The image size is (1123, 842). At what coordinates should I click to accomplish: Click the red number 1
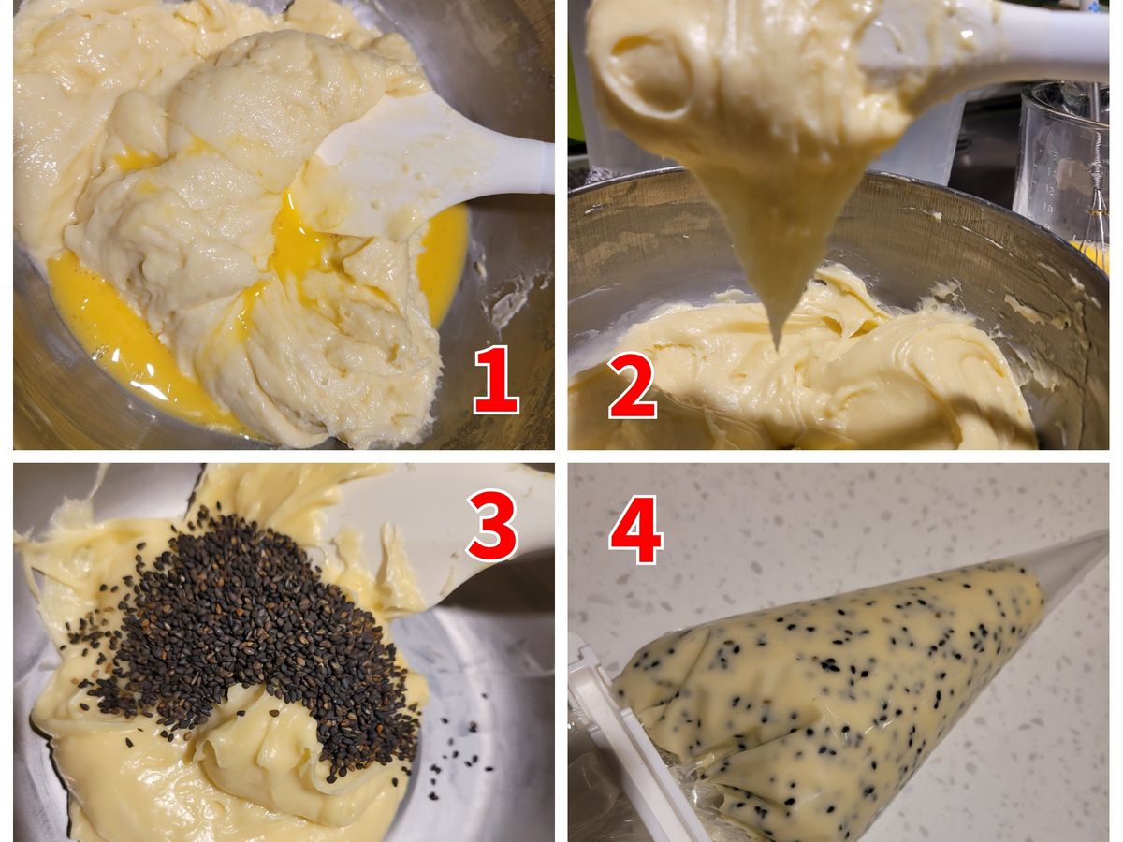tap(496, 379)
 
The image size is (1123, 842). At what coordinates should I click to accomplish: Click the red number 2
tap(633, 386)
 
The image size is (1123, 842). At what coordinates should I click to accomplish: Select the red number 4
tap(635, 530)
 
